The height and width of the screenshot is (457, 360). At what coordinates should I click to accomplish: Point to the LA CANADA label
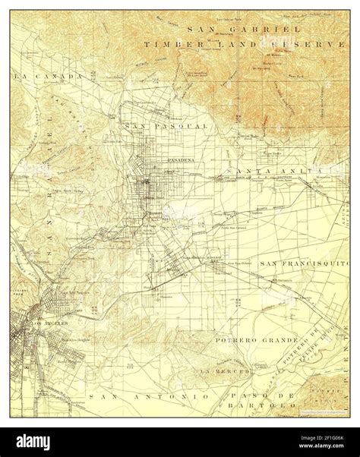click(37, 77)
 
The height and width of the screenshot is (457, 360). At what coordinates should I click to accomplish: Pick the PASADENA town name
click(181, 161)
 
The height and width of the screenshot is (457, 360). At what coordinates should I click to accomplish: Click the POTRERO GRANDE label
click(253, 333)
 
